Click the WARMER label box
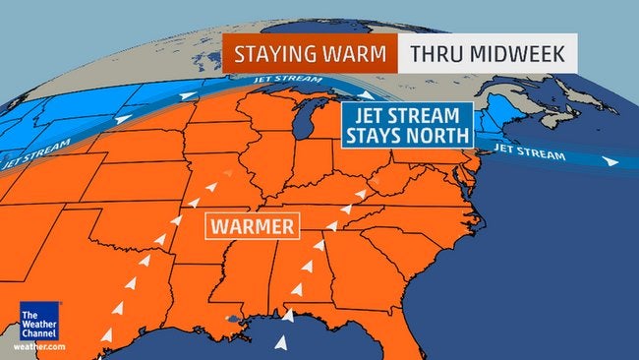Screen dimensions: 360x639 pyautogui.click(x=252, y=227)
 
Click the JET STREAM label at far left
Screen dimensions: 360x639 pyautogui.click(x=35, y=155)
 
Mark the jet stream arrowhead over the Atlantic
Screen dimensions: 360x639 pyautogui.click(x=610, y=160)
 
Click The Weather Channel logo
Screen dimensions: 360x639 pyautogui.click(x=36, y=326)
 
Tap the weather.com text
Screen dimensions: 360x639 pyautogui.click(x=39, y=347)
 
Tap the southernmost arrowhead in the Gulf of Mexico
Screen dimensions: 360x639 pyautogui.click(x=281, y=342)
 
